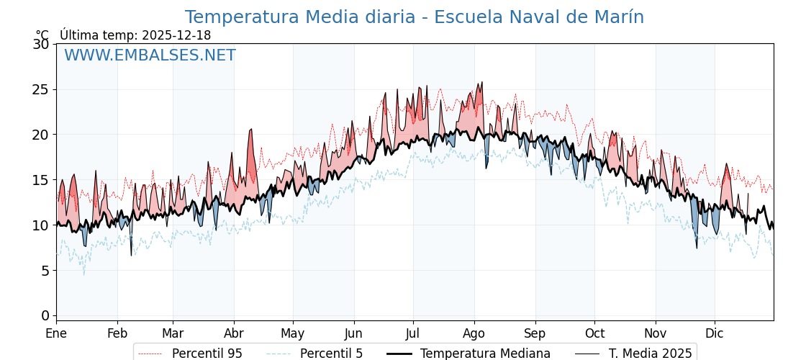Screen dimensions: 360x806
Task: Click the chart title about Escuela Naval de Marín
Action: coord(414,17)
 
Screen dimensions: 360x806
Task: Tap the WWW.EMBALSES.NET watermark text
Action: coord(150,55)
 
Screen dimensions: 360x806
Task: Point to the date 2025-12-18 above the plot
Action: coord(176,35)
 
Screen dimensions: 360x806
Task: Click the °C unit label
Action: coord(42,35)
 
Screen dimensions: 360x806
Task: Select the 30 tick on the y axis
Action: coord(41,44)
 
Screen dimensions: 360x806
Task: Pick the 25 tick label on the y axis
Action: coord(41,89)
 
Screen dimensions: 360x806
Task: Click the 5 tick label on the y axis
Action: coord(45,270)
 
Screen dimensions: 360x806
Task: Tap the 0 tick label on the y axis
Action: coord(45,315)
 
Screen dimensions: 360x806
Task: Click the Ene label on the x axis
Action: coord(56,333)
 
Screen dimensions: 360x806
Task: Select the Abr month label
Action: coord(234,333)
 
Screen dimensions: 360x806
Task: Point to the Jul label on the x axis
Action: coord(413,333)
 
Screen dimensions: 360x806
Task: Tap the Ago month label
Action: coord(474,333)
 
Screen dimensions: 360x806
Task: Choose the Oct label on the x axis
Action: coord(594,333)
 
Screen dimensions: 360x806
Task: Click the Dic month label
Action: coord(715,333)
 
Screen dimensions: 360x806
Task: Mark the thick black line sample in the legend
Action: coord(399,354)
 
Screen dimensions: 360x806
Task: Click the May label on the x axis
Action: coord(293,333)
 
